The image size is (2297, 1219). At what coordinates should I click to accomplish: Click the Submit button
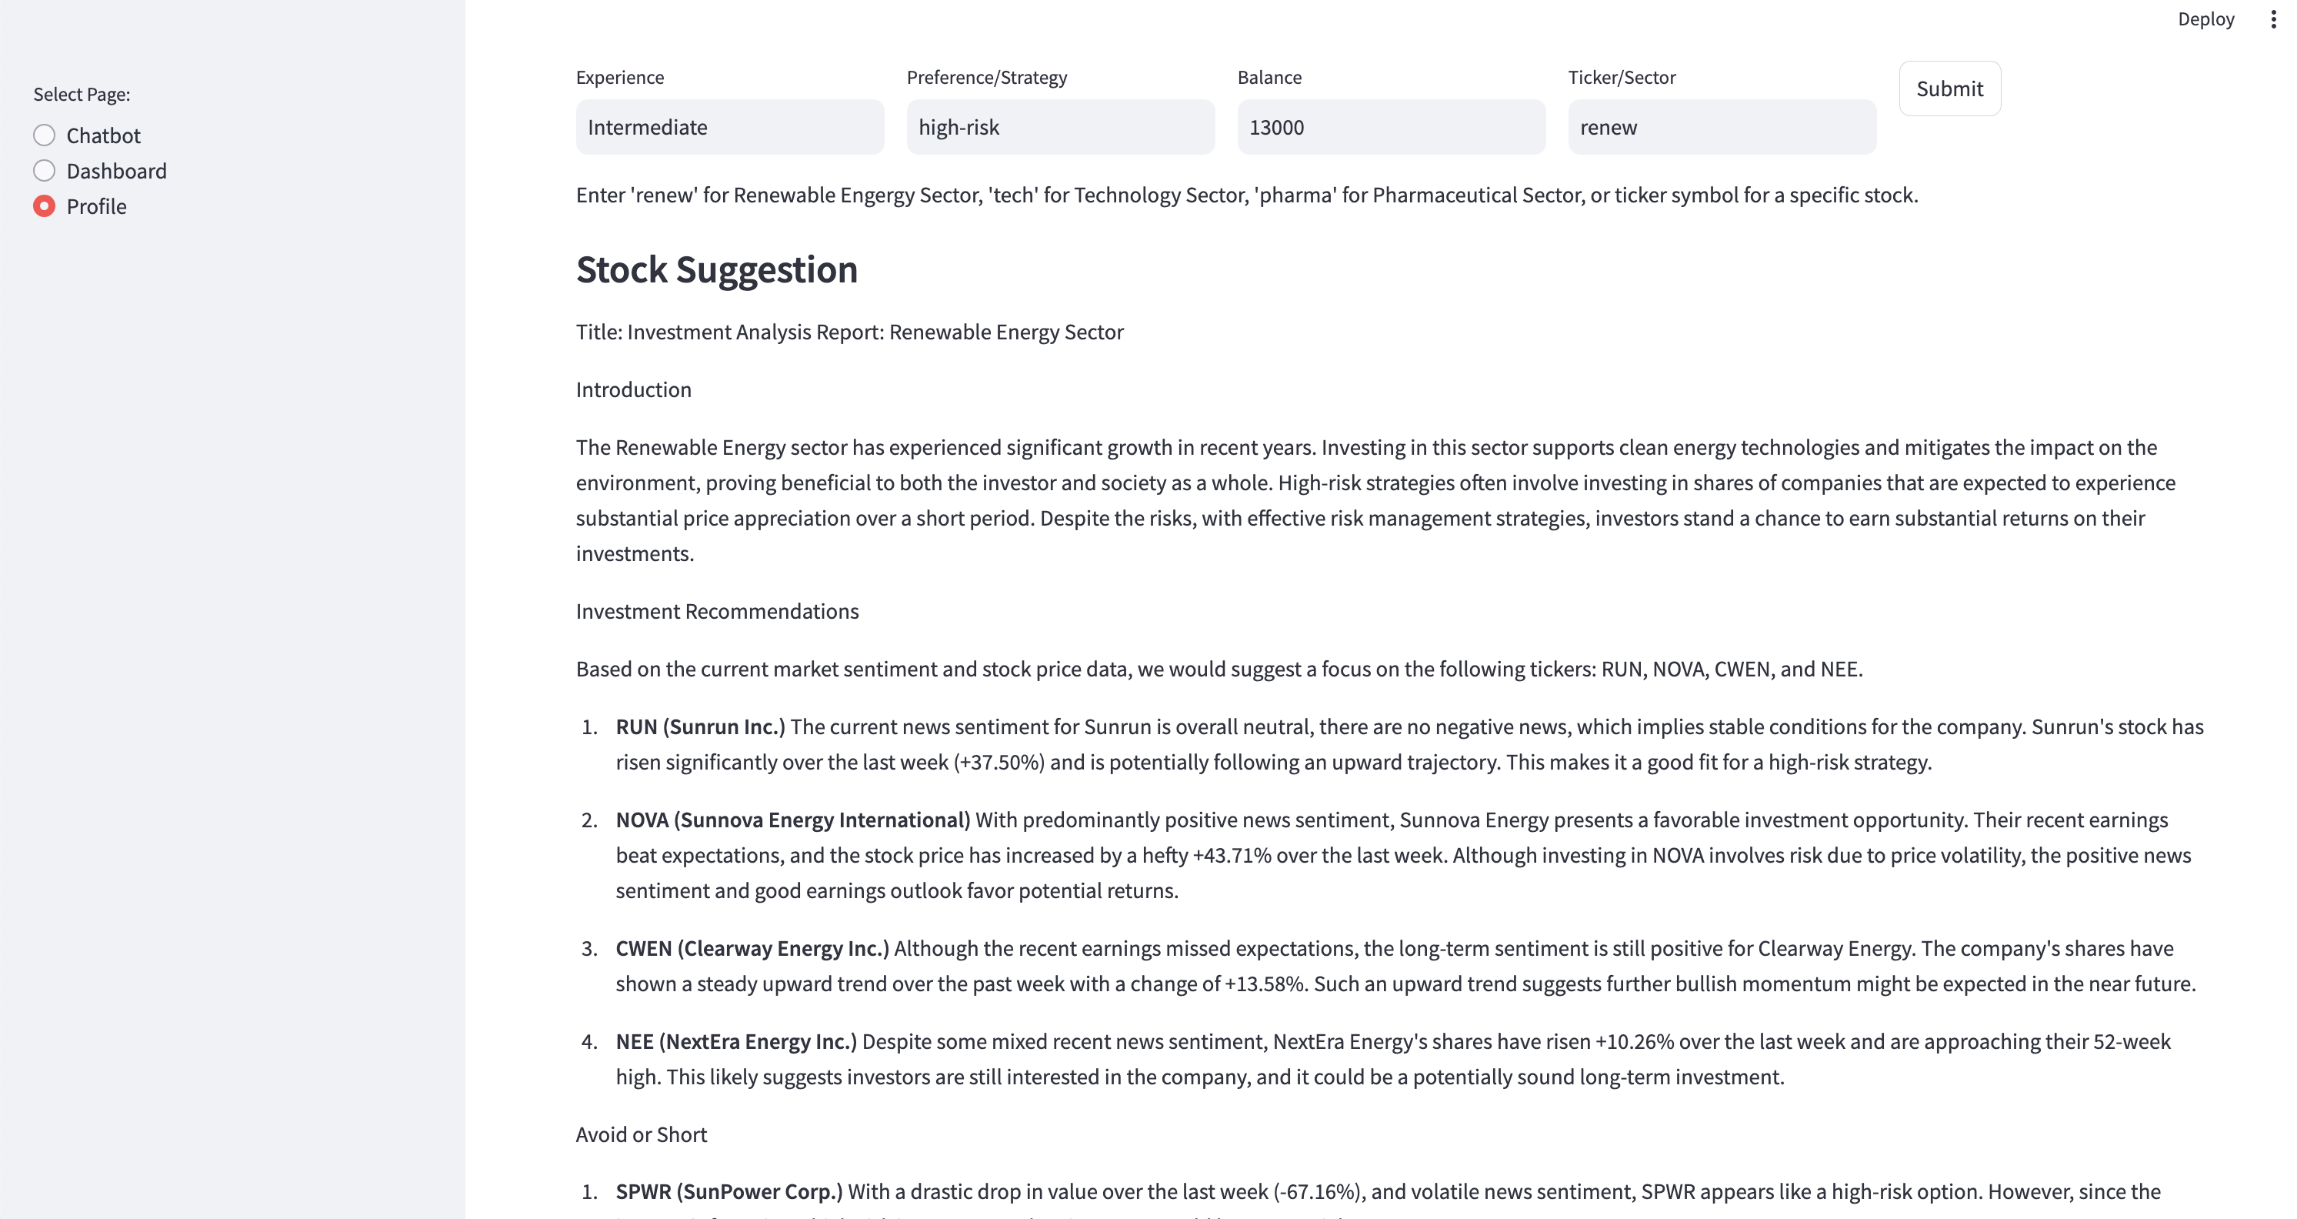click(1949, 89)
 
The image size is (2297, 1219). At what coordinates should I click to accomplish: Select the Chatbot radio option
click(45, 135)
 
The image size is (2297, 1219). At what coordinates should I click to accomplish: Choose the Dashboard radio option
click(45, 171)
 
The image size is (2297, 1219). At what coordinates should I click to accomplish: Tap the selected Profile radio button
click(45, 206)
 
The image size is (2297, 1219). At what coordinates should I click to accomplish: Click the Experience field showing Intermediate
click(729, 128)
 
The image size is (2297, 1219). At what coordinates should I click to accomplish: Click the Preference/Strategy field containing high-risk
click(1060, 128)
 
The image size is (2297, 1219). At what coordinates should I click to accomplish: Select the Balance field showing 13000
click(1391, 128)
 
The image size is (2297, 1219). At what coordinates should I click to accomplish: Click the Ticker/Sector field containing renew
click(1722, 128)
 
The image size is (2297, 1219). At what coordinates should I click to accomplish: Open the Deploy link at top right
click(2205, 19)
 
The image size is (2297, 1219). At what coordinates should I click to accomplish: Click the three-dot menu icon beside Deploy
click(2273, 19)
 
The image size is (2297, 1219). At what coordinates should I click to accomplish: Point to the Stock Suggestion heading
click(716, 269)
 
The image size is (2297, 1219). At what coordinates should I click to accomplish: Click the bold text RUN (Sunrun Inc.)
click(700, 726)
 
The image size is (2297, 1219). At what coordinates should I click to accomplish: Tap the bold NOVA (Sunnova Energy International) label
click(792, 820)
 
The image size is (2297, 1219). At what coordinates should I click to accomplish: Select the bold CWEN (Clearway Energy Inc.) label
click(752, 948)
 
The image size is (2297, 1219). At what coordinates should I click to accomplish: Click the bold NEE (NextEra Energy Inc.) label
click(735, 1041)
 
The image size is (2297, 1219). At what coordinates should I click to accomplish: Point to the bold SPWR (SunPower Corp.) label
click(728, 1191)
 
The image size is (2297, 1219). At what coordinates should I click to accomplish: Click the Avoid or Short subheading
click(641, 1134)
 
